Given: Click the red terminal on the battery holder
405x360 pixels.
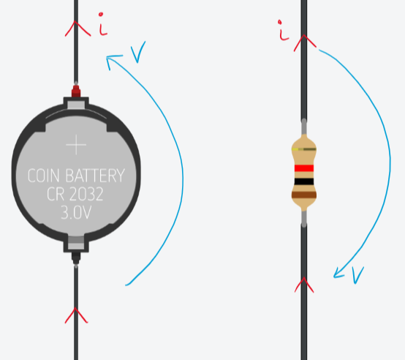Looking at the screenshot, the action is click(x=76, y=91).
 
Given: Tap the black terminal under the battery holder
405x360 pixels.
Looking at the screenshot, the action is click(x=76, y=258).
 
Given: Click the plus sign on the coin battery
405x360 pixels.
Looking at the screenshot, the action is click(x=76, y=145).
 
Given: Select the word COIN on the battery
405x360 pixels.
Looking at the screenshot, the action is click(x=43, y=176).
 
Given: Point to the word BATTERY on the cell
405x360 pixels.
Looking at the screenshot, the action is click(x=95, y=176).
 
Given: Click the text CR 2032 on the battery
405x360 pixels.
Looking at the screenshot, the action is click(x=75, y=194).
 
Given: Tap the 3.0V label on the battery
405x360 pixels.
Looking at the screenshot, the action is click(x=76, y=212).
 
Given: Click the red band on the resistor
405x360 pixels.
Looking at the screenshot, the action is click(x=304, y=168).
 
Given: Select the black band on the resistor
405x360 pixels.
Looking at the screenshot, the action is click(x=304, y=181).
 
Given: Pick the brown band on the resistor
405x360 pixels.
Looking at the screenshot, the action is click(x=304, y=195).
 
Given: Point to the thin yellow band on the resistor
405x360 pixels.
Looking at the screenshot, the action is click(x=304, y=149).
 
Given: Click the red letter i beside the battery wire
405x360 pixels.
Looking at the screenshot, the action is click(x=103, y=24).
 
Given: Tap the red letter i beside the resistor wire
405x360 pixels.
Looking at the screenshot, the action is click(x=283, y=30).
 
